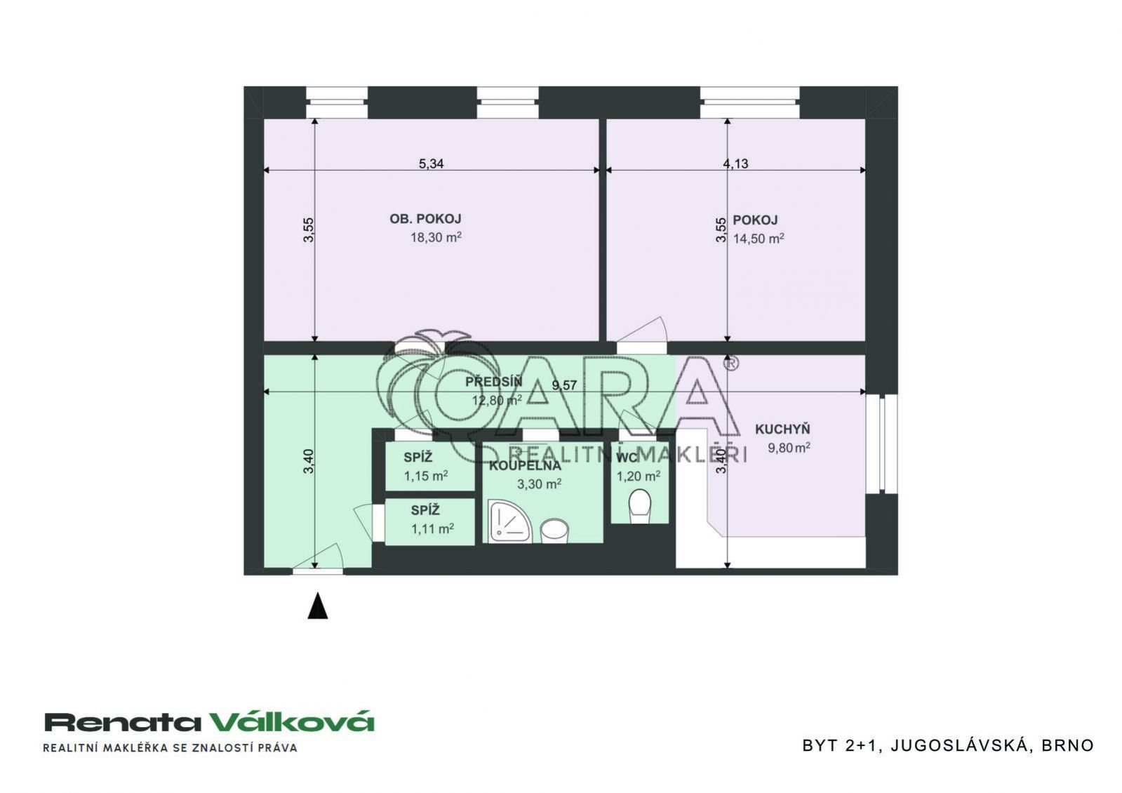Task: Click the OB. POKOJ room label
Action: pyautogui.click(x=425, y=219)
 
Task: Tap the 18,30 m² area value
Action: pyautogui.click(x=436, y=237)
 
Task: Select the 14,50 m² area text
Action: pyautogui.click(x=759, y=239)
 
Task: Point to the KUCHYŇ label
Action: pyautogui.click(x=782, y=429)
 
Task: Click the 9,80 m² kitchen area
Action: pyautogui.click(x=789, y=447)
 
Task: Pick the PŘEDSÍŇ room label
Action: pyautogui.click(x=493, y=382)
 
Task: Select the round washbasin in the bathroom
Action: pyautogui.click(x=554, y=531)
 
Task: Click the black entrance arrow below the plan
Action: pyautogui.click(x=318, y=606)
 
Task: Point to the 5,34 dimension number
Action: pyautogui.click(x=432, y=164)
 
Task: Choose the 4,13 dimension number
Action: pyautogui.click(x=736, y=164)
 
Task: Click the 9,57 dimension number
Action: pyautogui.click(x=564, y=385)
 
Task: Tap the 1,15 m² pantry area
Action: pyautogui.click(x=426, y=475)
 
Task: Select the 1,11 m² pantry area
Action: pyautogui.click(x=433, y=528)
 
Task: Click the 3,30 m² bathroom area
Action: pyautogui.click(x=539, y=484)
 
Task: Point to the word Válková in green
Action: pyautogui.click(x=291, y=721)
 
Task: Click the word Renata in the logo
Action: pyautogui.click(x=123, y=722)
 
